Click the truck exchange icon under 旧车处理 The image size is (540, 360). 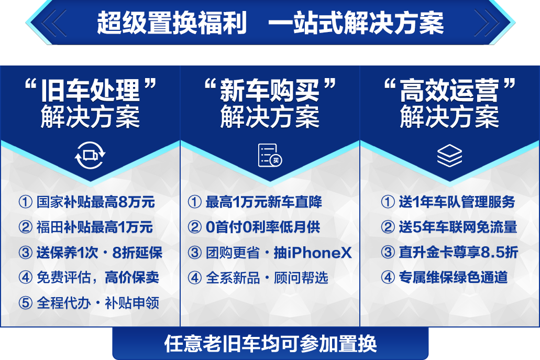[90, 155]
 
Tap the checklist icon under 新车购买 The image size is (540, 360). [270, 155]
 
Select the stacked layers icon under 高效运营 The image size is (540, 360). [449, 155]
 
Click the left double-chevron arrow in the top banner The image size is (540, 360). [54, 23]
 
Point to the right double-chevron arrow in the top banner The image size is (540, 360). [487, 23]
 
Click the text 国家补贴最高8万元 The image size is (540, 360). [96, 202]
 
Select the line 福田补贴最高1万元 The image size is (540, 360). [95, 227]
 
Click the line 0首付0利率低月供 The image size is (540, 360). [263, 227]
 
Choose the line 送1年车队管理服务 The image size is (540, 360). [457, 202]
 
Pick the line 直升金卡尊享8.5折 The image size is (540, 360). [458, 252]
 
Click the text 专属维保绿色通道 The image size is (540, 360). [453, 277]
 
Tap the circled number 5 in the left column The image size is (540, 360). [26, 303]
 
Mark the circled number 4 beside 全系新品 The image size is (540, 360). [195, 278]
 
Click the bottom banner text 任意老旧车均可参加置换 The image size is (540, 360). [270, 343]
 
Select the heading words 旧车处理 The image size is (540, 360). [90, 90]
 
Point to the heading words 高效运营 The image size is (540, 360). [449, 90]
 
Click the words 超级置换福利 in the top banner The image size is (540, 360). [172, 23]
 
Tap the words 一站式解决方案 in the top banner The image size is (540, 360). [356, 23]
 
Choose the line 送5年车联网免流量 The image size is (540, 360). [458, 227]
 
